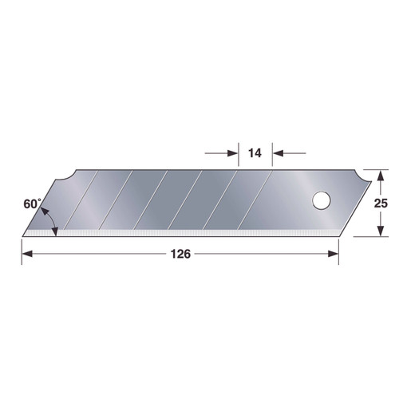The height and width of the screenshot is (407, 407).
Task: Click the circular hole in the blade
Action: point(321,200)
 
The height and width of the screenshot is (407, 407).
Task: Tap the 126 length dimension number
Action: point(180,254)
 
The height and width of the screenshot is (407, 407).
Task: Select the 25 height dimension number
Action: point(381,203)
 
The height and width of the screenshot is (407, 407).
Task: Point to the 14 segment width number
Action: point(255,153)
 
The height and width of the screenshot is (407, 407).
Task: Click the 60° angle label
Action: point(32,204)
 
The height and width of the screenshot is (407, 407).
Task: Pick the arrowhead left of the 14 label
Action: point(233,153)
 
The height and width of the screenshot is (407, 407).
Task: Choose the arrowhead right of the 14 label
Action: point(278,153)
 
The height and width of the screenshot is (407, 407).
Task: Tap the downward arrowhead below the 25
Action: point(381,231)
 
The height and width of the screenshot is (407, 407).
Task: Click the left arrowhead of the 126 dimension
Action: point(27,254)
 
